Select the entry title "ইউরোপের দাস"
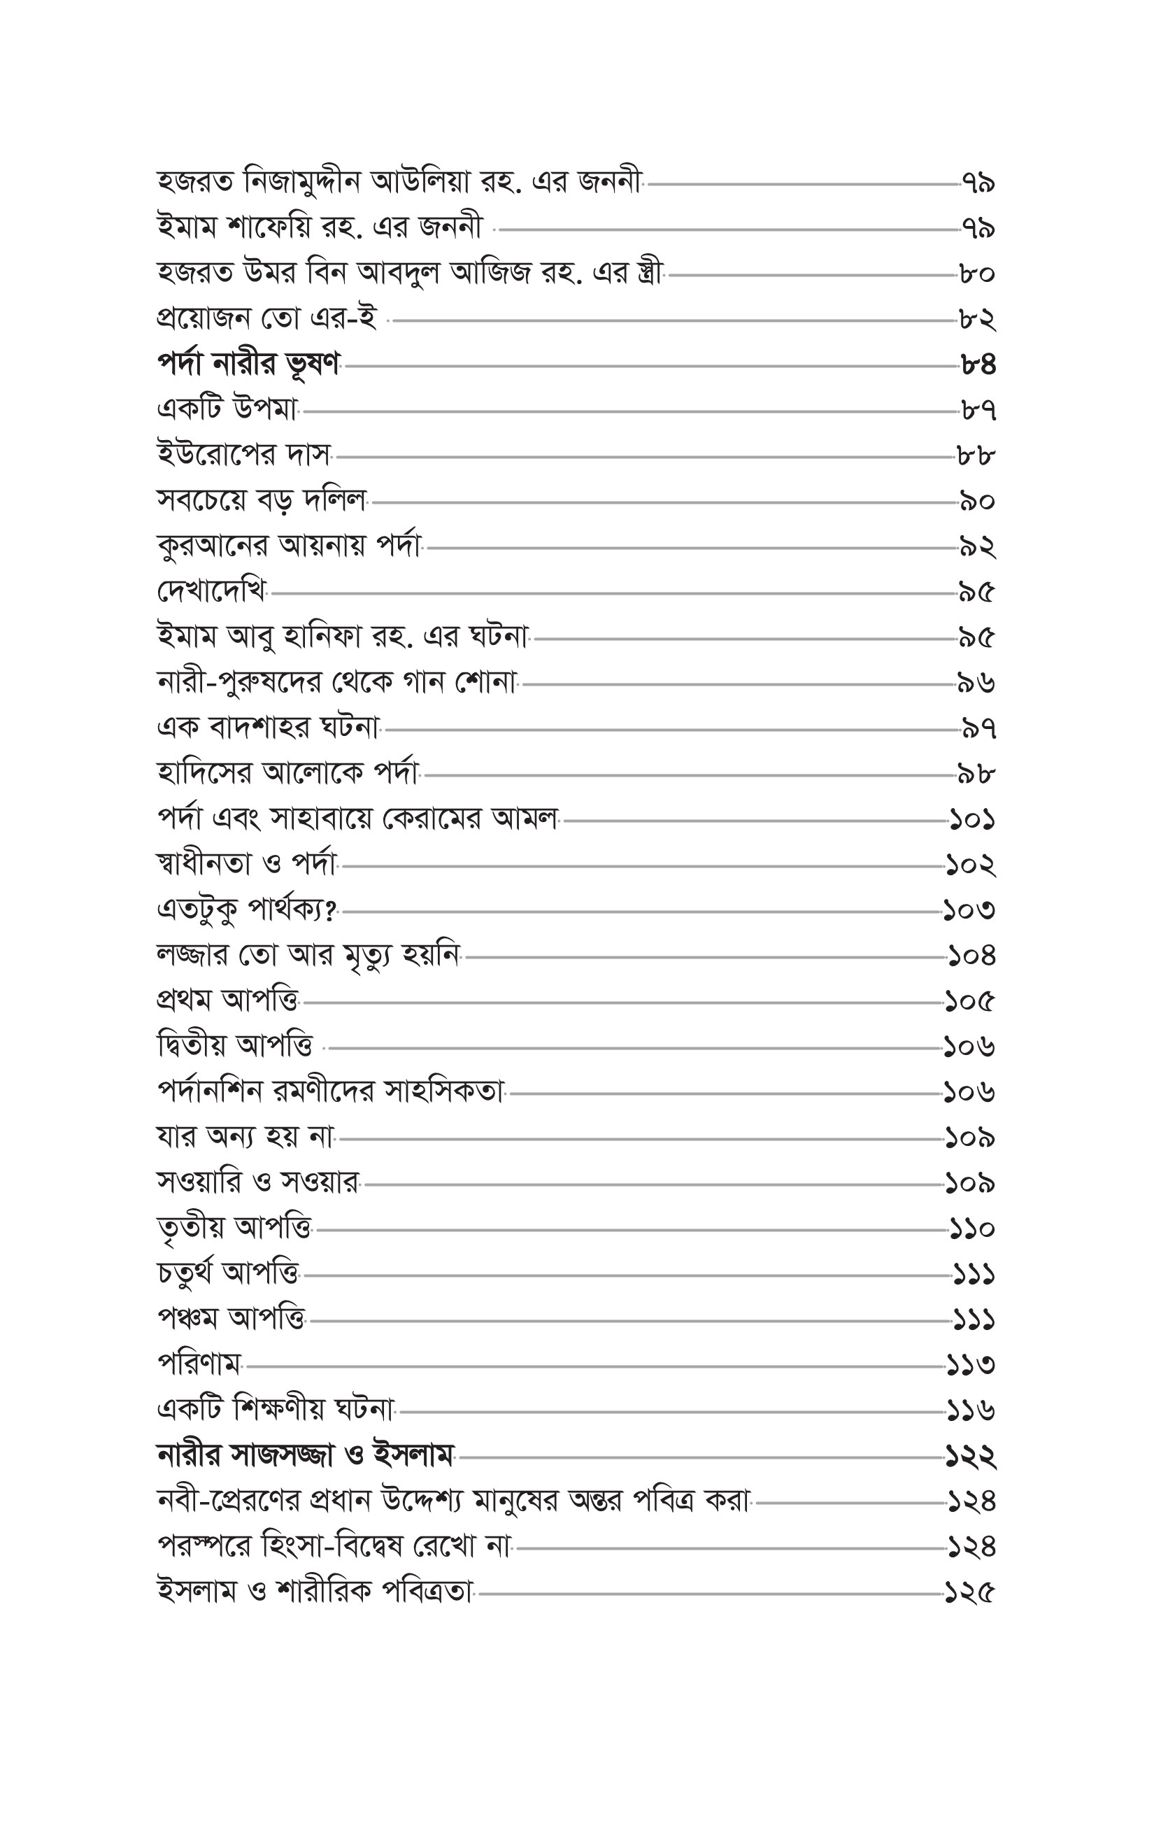[x=243, y=456]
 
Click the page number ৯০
[x=978, y=502]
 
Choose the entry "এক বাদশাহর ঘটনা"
[x=268, y=729]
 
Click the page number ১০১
[x=972, y=821]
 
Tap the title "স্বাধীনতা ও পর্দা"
[x=246, y=865]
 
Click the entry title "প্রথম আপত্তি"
[x=227, y=1000]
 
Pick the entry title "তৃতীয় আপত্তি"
[x=234, y=1228]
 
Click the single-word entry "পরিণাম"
[x=199, y=1365]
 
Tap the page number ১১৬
[x=971, y=1410]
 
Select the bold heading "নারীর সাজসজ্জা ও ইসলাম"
[x=306, y=1455]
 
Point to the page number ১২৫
[x=970, y=1593]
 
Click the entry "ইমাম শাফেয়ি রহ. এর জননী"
[x=320, y=228]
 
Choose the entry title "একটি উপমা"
[x=227, y=411]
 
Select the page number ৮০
[x=978, y=274]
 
